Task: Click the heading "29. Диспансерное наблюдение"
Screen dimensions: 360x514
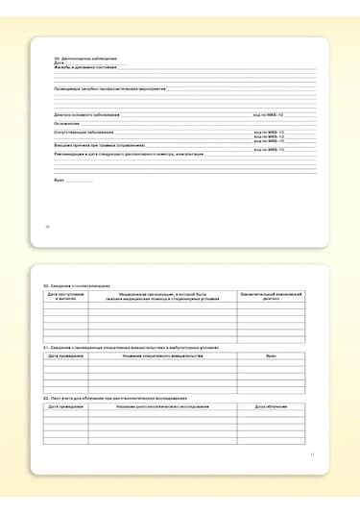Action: pos(80,58)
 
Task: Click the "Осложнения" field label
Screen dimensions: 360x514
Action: pos(66,122)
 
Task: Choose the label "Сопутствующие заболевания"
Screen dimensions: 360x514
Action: pos(84,131)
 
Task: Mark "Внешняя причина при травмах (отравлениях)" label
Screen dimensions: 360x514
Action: pos(98,144)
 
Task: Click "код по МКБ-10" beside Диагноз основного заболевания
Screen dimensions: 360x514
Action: pos(270,114)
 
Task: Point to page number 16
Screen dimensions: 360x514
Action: pos(48,227)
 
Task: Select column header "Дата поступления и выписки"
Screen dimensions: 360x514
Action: pos(66,297)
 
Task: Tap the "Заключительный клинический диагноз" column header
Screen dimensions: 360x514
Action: pos(271,297)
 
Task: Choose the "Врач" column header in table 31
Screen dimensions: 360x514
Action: pos(271,355)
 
